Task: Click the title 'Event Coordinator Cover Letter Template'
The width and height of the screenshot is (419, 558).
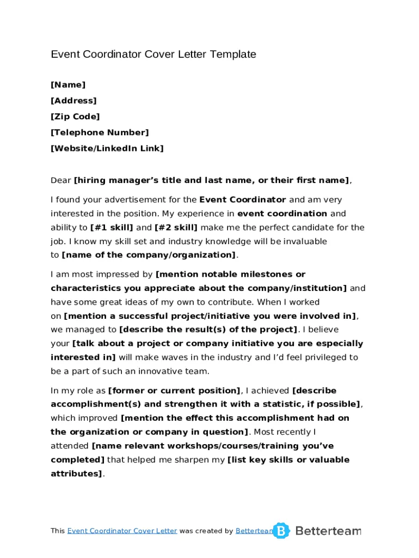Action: (153, 54)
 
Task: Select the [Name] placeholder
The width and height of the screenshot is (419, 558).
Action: (68, 85)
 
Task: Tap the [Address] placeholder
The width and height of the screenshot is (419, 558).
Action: (73, 101)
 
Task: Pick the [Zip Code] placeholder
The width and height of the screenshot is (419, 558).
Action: (75, 117)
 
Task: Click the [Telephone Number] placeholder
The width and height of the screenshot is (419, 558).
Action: (100, 132)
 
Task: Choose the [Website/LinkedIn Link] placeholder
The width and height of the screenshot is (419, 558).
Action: (107, 148)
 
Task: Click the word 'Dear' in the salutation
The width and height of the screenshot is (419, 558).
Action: (61, 180)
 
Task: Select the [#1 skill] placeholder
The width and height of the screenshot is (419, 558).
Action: (112, 228)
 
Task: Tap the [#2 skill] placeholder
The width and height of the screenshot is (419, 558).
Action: (176, 228)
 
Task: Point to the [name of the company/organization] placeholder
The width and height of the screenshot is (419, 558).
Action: (149, 255)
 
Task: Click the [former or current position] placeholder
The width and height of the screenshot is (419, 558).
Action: (175, 391)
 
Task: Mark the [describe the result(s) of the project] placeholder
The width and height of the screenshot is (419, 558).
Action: (208, 329)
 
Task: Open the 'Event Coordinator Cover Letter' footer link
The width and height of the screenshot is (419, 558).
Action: (122, 531)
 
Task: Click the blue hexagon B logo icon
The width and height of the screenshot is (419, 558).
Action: (281, 531)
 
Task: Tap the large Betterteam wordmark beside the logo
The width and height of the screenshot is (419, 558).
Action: (328, 531)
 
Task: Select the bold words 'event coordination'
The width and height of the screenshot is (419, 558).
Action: (282, 214)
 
